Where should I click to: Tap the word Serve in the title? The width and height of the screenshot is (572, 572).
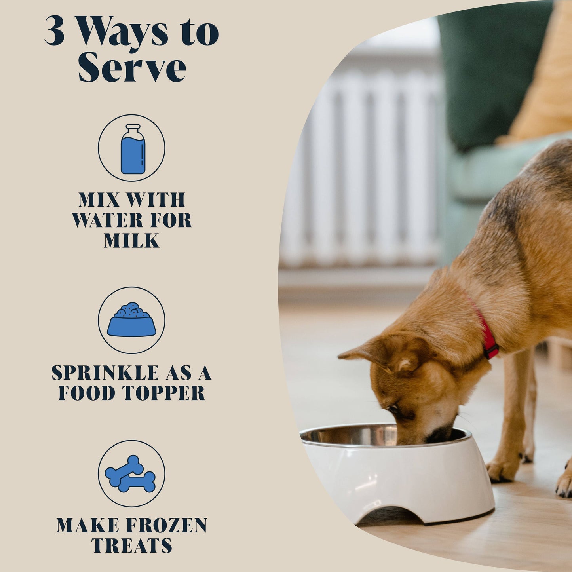pos(131,67)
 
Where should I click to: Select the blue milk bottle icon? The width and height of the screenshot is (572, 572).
pos(133,149)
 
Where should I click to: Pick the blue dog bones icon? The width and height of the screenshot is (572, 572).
pos(131,474)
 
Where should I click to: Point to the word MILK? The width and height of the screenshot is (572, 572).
pos(131,241)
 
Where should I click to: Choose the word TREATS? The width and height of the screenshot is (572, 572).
pos(131,545)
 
